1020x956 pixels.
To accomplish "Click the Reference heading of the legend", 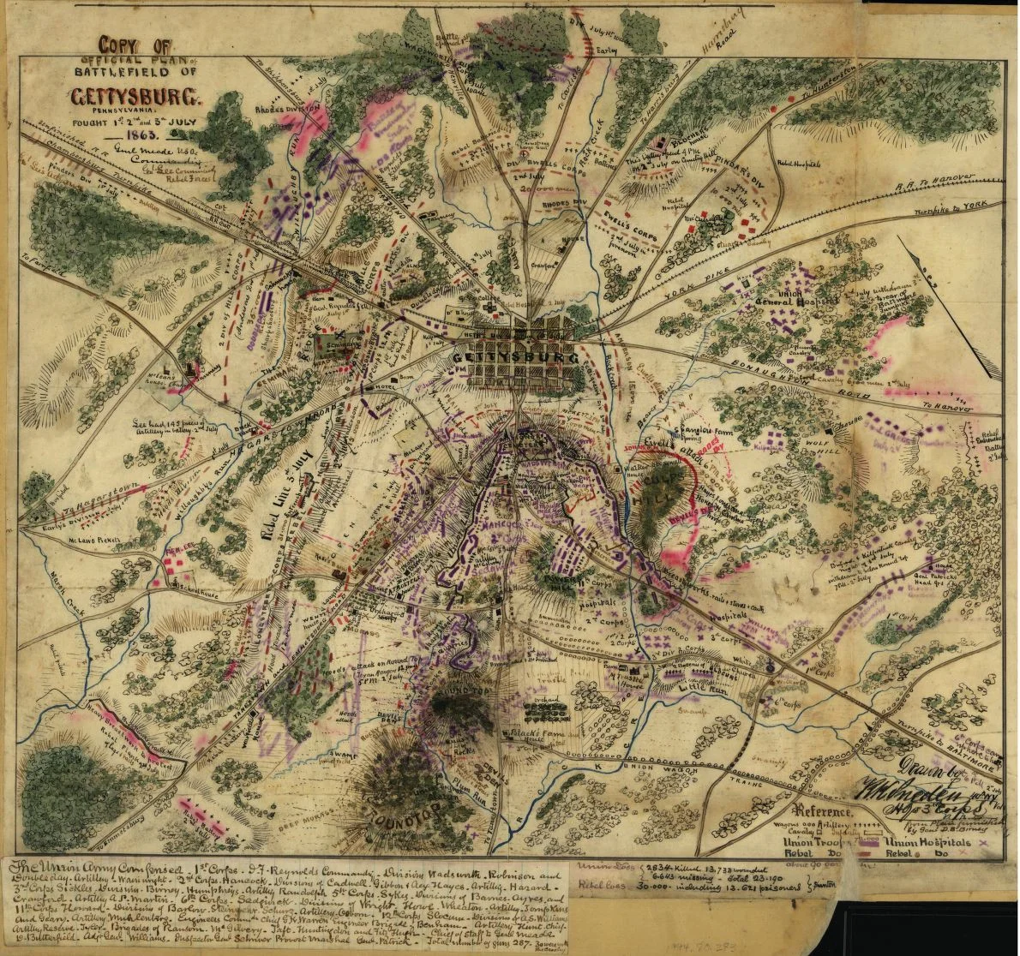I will pyautogui.click(x=822, y=811).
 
